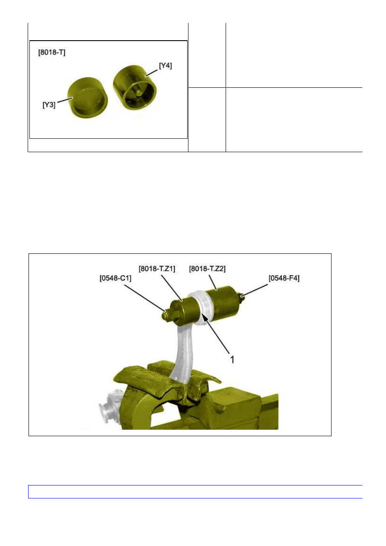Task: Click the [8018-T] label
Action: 52,52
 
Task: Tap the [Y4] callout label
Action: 166,66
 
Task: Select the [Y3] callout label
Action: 49,105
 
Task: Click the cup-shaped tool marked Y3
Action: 88,98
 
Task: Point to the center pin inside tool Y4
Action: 138,92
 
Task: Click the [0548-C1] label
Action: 115,278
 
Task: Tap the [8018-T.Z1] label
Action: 157,268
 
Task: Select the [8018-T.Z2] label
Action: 207,268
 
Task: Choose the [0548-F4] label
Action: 284,278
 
